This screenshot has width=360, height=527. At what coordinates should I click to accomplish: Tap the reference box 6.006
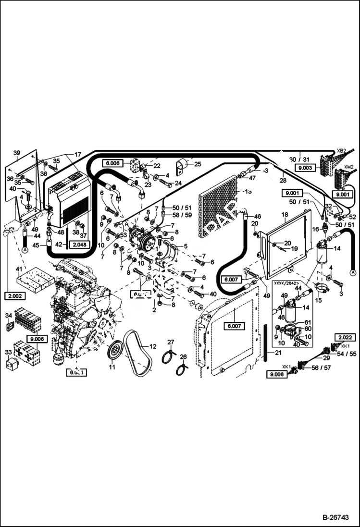click(112, 163)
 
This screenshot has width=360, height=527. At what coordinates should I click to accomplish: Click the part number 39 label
click(17, 153)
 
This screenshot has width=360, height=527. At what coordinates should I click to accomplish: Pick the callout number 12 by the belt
click(153, 345)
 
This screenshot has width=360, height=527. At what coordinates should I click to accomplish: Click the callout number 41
click(19, 269)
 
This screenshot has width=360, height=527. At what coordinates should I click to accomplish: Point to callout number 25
click(198, 164)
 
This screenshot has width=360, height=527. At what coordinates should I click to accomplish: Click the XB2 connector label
click(341, 151)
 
